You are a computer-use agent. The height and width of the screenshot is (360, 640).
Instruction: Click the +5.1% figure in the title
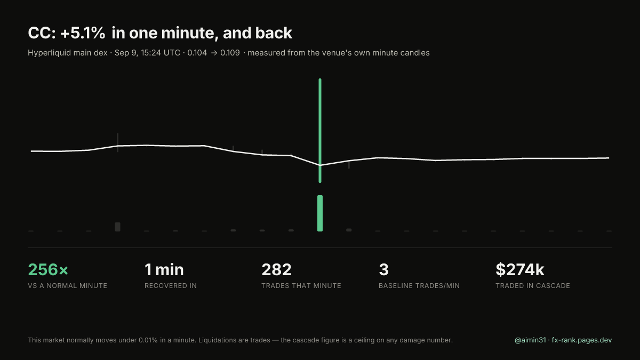(83, 33)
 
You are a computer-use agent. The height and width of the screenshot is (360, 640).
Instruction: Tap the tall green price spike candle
(320, 131)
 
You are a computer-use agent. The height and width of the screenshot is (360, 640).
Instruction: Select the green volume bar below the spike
(320, 213)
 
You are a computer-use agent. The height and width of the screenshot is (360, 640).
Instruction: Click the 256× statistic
(48, 270)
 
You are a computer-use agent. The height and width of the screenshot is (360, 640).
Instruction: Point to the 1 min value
(164, 270)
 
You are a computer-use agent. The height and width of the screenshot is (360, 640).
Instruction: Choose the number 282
(277, 270)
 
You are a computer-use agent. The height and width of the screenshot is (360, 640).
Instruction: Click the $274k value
(520, 270)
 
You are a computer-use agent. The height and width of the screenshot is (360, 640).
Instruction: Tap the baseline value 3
(383, 270)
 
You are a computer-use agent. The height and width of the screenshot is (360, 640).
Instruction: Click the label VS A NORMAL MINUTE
(67, 286)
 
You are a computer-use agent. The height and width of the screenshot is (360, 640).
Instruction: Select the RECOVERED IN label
(171, 286)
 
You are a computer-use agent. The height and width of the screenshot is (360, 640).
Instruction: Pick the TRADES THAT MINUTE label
(301, 286)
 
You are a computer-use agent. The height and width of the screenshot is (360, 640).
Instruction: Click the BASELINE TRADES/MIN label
(419, 286)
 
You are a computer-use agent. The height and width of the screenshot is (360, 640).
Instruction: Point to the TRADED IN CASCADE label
(533, 286)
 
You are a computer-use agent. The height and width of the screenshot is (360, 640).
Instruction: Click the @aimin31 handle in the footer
(530, 340)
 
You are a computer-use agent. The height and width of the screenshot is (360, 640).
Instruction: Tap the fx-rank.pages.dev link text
(582, 340)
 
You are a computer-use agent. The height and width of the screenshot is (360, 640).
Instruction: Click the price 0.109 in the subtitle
(230, 53)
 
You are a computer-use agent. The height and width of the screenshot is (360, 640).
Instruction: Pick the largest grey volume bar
(117, 227)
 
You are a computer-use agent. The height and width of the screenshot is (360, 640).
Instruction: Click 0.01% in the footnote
(148, 340)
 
